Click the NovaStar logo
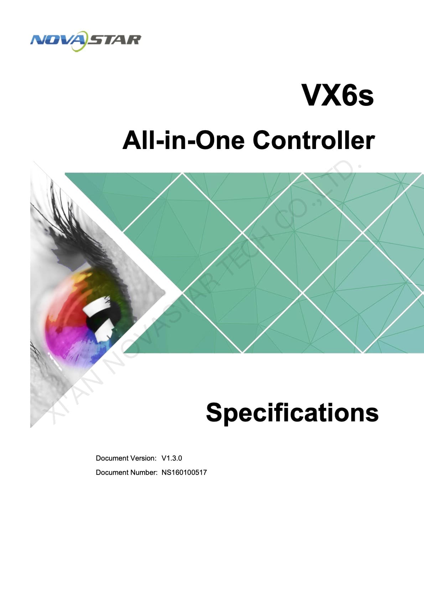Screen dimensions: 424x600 tap(86, 41)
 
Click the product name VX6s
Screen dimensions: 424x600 tap(337, 95)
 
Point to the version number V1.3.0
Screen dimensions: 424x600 tap(172, 458)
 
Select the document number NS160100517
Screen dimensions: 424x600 tap(184, 472)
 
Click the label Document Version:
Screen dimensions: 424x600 tap(126, 458)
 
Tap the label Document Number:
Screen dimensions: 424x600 tap(126, 472)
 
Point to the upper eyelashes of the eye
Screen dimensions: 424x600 tap(80, 230)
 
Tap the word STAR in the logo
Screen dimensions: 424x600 tap(115, 40)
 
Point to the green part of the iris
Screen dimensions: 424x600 tap(113, 289)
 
